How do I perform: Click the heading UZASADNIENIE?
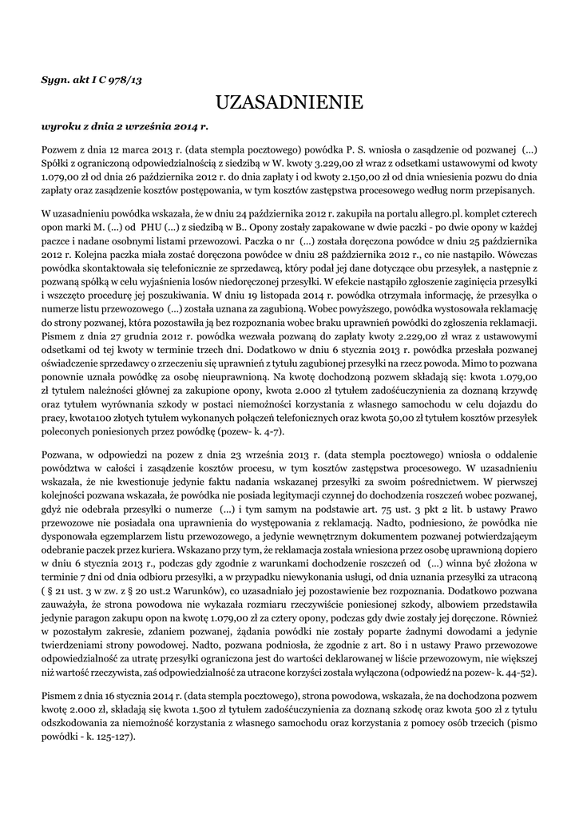click(x=289, y=101)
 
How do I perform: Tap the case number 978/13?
click(x=125, y=80)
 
